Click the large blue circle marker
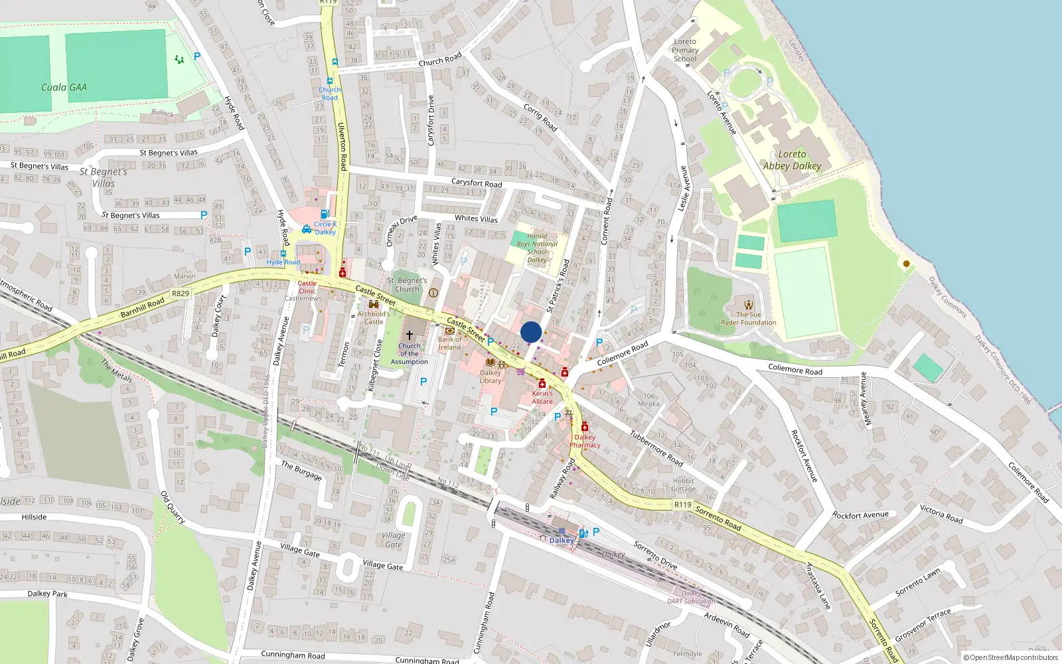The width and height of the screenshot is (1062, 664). point(531,332)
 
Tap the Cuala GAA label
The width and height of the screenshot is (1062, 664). point(64,87)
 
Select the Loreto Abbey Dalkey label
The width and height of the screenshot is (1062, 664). point(792,160)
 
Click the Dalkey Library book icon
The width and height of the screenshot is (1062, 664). point(491,363)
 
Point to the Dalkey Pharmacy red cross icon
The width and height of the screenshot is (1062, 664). point(585,426)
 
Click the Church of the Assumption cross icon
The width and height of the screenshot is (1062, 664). point(409,335)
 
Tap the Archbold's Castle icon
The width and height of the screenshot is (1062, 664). point(373,304)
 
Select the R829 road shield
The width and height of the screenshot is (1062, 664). point(180,293)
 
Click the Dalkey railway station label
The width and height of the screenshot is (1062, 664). point(562,540)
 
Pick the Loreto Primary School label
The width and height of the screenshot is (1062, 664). point(685,50)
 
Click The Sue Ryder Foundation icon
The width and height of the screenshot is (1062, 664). point(749,305)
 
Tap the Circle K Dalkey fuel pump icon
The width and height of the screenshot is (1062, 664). point(325,214)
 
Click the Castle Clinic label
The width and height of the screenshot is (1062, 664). point(307,287)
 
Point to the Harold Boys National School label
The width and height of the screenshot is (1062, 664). point(538,248)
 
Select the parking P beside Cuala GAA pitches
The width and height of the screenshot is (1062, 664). point(197,56)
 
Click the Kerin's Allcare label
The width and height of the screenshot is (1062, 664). point(542,397)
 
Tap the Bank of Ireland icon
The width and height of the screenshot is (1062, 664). point(449,330)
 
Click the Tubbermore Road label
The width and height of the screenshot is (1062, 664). point(656,449)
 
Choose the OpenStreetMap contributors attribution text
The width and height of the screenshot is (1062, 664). point(1012,657)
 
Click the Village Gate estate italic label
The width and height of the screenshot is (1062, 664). point(393,540)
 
